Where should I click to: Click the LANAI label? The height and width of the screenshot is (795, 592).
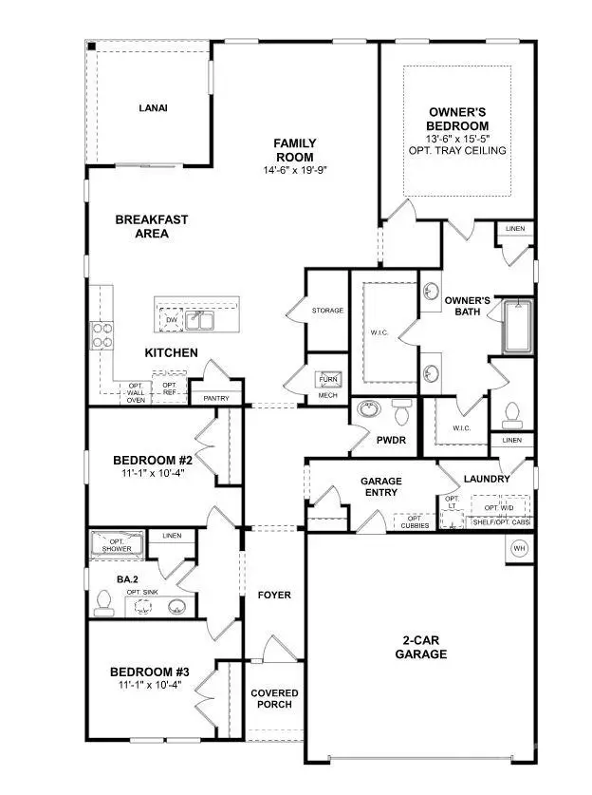coord(151,107)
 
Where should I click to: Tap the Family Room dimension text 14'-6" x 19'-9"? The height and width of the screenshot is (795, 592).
coord(295,172)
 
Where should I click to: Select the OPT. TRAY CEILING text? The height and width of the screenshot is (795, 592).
coord(457,151)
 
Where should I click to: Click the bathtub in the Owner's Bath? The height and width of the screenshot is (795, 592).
coord(517,326)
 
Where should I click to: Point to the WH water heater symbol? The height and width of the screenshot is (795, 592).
coord(519,549)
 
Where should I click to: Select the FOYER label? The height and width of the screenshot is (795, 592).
coord(274,596)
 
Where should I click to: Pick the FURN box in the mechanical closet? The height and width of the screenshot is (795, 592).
coord(328,380)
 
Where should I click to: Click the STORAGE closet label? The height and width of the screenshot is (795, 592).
coord(327,311)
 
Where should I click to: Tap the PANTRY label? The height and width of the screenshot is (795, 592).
coord(216,399)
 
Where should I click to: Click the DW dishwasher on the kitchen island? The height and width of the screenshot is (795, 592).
coord(172,320)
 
